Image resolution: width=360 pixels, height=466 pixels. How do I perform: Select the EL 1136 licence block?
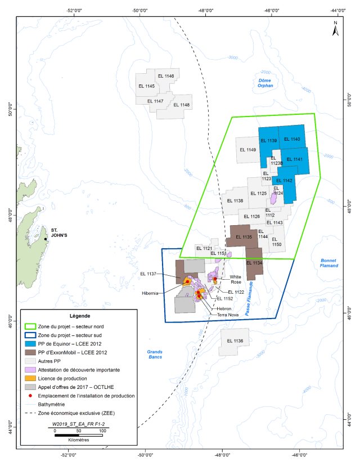pyautogui.click(x=235, y=341)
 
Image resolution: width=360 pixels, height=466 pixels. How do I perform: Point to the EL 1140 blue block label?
pyautogui.click(x=292, y=139)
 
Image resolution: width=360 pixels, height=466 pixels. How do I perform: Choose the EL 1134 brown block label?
pyautogui.click(x=254, y=263)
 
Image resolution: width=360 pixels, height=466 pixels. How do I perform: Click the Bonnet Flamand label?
pyautogui.click(x=328, y=263)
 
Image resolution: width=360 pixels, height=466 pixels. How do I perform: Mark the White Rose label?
pyautogui.click(x=236, y=280)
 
